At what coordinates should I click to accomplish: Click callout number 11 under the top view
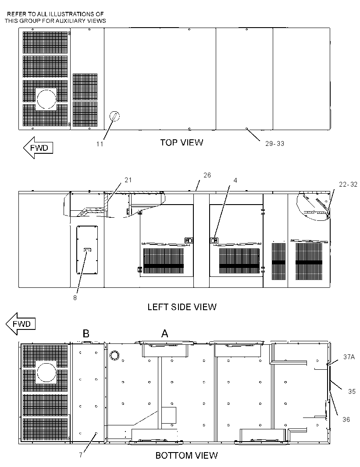click(100, 144)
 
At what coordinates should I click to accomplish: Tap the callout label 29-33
click(275, 144)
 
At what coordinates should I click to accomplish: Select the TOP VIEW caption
click(182, 142)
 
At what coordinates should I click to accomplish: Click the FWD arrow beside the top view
click(38, 148)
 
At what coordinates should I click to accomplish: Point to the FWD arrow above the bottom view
click(21, 324)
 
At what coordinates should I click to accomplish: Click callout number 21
click(128, 180)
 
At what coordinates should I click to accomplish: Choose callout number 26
click(207, 175)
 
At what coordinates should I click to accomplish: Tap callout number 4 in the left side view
click(235, 180)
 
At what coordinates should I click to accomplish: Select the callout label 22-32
click(348, 184)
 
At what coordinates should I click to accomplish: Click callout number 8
click(75, 298)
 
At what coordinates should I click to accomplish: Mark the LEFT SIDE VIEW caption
click(182, 307)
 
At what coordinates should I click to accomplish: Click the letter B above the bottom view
click(86, 333)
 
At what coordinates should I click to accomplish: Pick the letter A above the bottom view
click(164, 333)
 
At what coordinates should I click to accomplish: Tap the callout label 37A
click(349, 357)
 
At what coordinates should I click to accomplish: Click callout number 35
click(352, 391)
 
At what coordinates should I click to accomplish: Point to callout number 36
click(346, 419)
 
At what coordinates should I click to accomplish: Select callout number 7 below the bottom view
click(81, 455)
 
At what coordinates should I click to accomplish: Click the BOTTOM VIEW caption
click(186, 455)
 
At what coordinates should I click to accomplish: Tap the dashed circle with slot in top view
click(115, 117)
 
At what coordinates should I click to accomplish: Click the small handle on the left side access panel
click(87, 250)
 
